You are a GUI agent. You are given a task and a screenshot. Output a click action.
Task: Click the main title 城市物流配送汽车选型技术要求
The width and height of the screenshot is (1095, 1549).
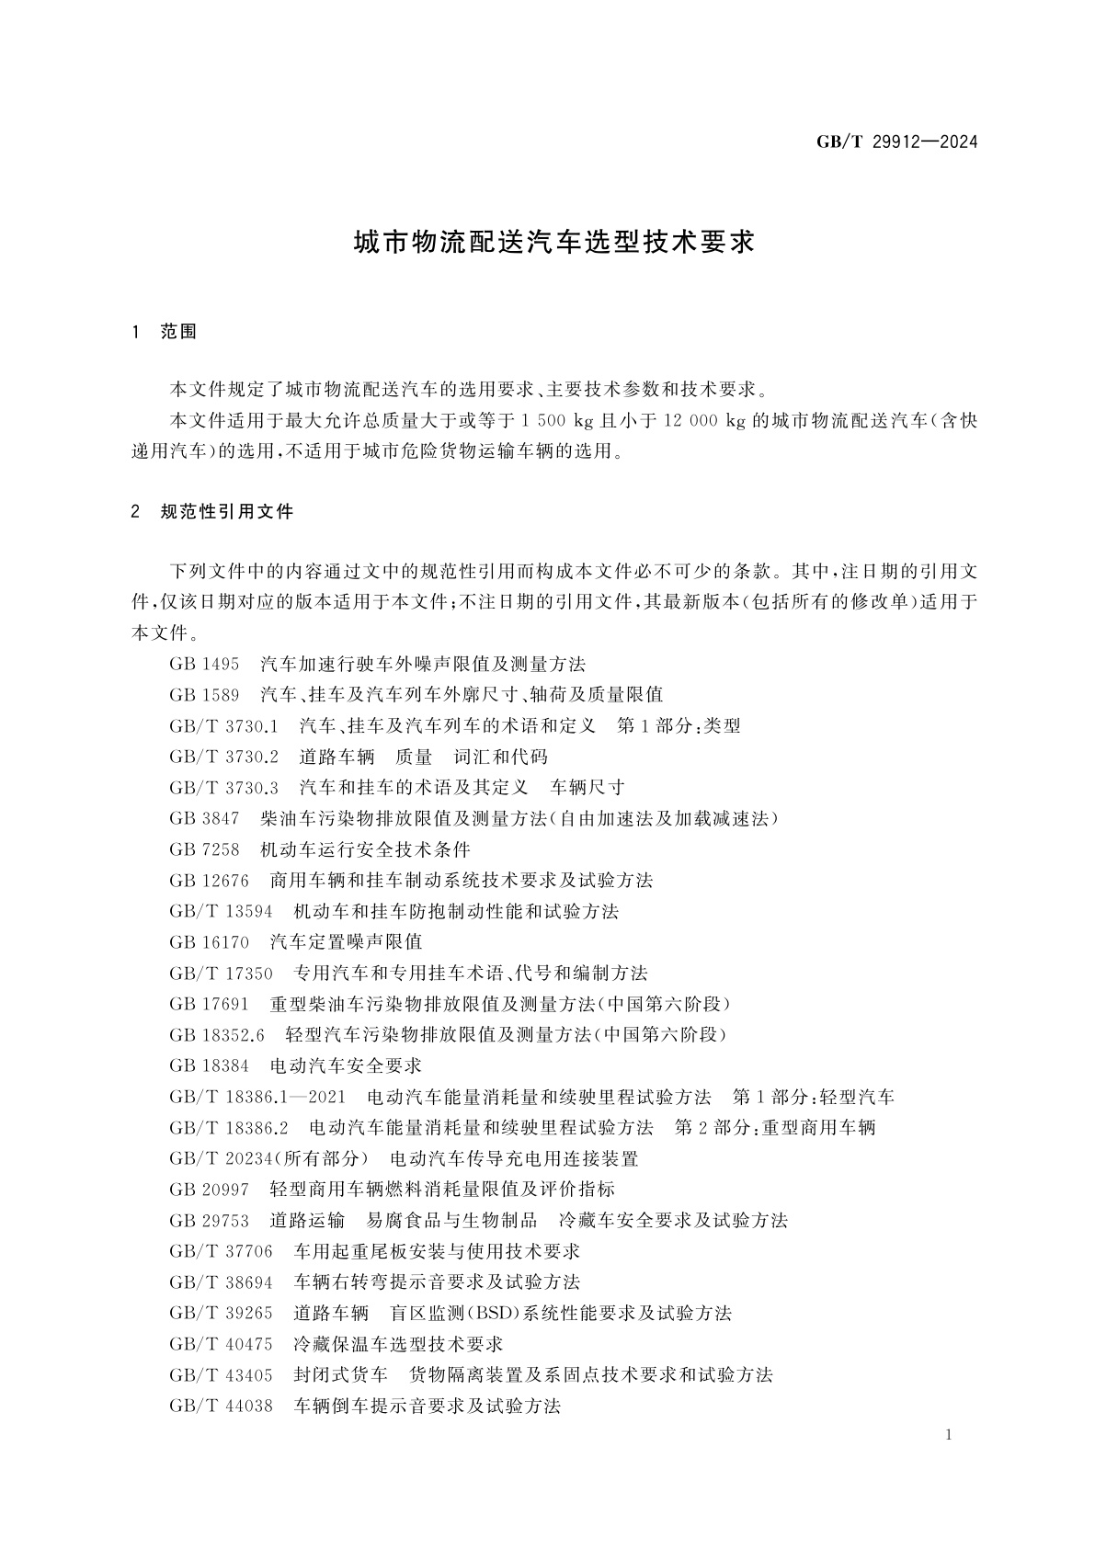click(554, 243)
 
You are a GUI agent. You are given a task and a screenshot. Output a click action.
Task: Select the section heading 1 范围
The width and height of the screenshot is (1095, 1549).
click(165, 332)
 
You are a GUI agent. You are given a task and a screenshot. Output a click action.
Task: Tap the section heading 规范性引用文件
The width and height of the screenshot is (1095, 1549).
click(226, 512)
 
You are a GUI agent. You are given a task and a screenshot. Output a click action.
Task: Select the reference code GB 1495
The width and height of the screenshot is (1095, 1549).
click(204, 664)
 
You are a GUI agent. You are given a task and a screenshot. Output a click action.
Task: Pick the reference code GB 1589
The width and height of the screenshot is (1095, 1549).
click(204, 695)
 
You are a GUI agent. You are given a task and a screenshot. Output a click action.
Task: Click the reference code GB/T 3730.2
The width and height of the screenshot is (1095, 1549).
click(223, 757)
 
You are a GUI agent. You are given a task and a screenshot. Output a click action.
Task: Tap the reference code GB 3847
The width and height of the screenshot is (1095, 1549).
click(204, 818)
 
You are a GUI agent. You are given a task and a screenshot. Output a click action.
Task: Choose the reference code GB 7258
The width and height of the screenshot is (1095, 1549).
click(204, 849)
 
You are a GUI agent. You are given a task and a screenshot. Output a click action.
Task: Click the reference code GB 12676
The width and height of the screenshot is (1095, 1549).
click(210, 881)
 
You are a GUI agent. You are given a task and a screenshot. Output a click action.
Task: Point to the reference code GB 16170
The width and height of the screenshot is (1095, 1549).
click(210, 942)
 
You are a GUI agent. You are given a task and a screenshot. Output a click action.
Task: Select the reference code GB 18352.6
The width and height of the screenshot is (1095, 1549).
click(217, 1035)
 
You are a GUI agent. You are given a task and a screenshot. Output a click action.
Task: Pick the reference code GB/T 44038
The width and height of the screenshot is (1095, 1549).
click(221, 1406)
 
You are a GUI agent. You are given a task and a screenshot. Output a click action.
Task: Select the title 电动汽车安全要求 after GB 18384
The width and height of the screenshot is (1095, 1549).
click(346, 1065)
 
